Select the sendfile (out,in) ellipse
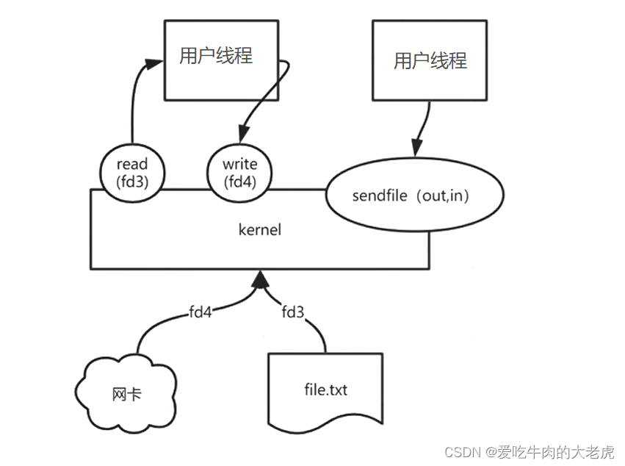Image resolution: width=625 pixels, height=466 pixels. coord(415,196)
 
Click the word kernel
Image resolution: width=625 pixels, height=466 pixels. coord(260,230)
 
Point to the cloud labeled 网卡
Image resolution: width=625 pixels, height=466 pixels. coord(127,394)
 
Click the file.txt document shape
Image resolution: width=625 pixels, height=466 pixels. coord(325,390)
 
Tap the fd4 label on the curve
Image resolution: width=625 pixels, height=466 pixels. coord(200,312)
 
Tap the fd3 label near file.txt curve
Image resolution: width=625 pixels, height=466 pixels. coord(293,312)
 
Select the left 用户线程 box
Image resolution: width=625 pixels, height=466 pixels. coord(221,60)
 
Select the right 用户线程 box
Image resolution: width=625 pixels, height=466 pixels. coord(430,60)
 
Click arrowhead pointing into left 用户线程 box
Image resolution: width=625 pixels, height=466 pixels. coord(153,64)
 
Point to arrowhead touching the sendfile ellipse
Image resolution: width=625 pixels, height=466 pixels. coord(416,147)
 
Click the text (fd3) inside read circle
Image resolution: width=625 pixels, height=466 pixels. coord(132,180)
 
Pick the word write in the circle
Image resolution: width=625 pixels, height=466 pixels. coord(240,163)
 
